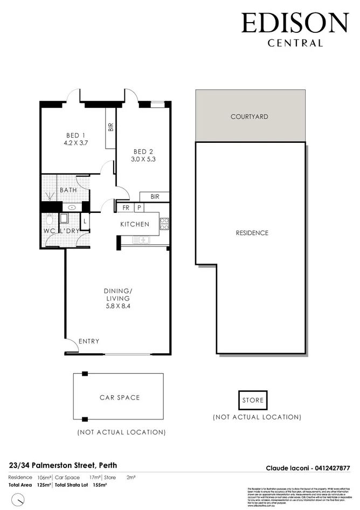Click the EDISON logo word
pyautogui.click(x=295, y=24)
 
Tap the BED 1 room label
pyautogui.click(x=75, y=135)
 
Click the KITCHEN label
pyautogui.click(x=134, y=224)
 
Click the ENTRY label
pyautogui.click(x=88, y=341)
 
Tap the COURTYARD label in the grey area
pyautogui.click(x=249, y=116)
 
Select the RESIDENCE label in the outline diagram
pyautogui.click(x=252, y=233)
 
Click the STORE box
pyautogui.click(x=253, y=401)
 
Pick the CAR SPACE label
pyautogui.click(x=119, y=398)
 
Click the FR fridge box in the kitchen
pyautogui.click(x=125, y=208)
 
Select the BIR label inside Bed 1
pyautogui.click(x=110, y=127)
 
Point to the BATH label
pyautogui.click(x=68, y=190)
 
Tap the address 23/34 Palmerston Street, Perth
pyautogui.click(x=63, y=465)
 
